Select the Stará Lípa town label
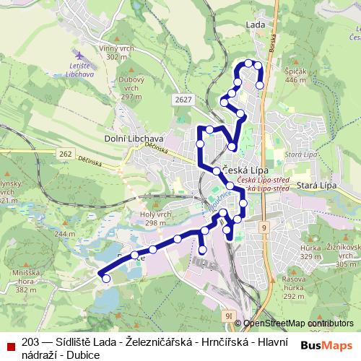[318, 186]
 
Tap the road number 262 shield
[66, 154]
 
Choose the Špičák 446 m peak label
[297, 75]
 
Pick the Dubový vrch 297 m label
[131, 90]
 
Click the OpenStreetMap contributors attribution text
[299, 323]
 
